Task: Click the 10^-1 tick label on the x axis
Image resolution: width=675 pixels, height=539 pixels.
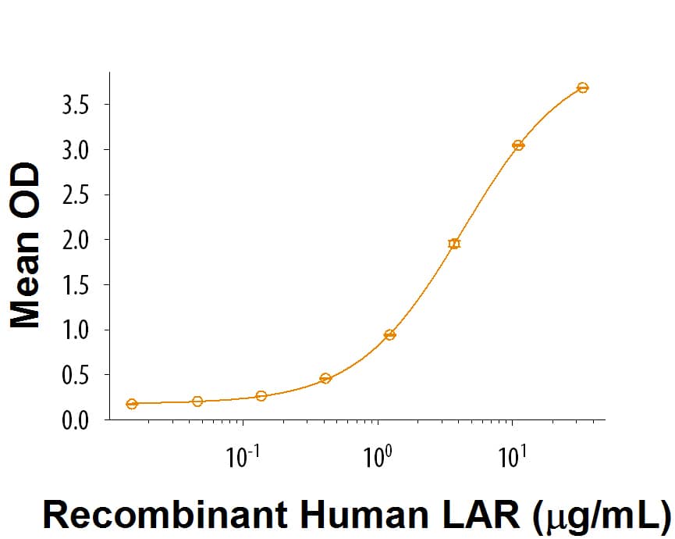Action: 242,455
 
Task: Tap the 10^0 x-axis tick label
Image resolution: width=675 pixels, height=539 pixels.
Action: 378,455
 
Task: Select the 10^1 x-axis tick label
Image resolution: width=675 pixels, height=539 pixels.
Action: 512,455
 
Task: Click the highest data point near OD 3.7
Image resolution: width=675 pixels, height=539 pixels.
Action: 582,87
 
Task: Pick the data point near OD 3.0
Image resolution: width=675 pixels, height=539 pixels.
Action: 517,145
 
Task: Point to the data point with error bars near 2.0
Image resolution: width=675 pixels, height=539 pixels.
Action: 454,244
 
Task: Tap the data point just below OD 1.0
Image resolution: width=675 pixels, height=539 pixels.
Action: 390,335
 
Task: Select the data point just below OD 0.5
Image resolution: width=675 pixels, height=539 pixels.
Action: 325,378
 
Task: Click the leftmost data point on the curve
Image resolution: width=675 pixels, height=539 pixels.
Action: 132,404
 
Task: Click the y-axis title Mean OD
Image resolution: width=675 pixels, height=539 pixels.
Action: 27,245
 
